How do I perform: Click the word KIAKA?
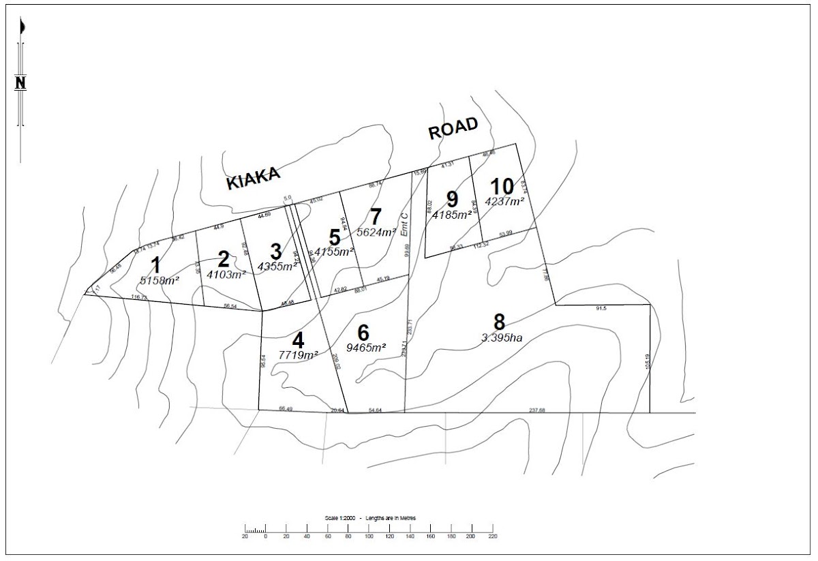point(254,179)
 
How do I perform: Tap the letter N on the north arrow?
point(20,83)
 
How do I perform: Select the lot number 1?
point(157,264)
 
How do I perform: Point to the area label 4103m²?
point(226,275)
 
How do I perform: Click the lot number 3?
point(275,252)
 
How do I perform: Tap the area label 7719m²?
point(299,354)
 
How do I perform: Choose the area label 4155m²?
point(334,252)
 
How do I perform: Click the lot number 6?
point(363,333)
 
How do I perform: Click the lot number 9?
point(452,199)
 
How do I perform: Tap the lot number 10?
point(502,186)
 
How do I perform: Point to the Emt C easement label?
point(404,224)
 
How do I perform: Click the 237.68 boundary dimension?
point(537,410)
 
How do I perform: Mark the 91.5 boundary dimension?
point(601,309)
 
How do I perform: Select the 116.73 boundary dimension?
point(139,298)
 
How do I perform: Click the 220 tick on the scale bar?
point(492,536)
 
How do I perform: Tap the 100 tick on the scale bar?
point(369,536)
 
